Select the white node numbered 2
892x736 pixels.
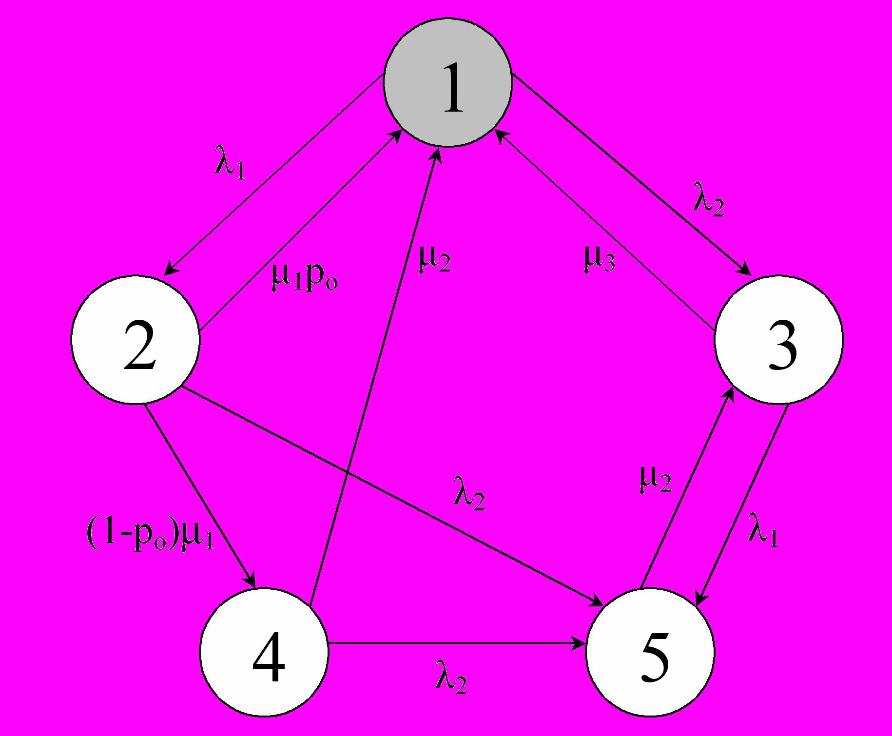click(x=136, y=340)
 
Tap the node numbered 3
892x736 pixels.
click(x=779, y=340)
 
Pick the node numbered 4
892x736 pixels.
click(x=264, y=652)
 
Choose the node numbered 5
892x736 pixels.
click(x=650, y=652)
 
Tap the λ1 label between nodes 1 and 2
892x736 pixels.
click(x=230, y=162)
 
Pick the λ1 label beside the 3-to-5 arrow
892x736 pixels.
click(x=763, y=530)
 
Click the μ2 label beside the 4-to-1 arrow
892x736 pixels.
click(x=435, y=259)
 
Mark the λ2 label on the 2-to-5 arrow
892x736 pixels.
click(x=469, y=493)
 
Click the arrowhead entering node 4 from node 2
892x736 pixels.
click(x=251, y=581)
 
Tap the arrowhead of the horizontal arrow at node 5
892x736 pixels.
click(x=580, y=644)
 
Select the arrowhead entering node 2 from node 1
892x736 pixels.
click(x=170, y=270)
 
